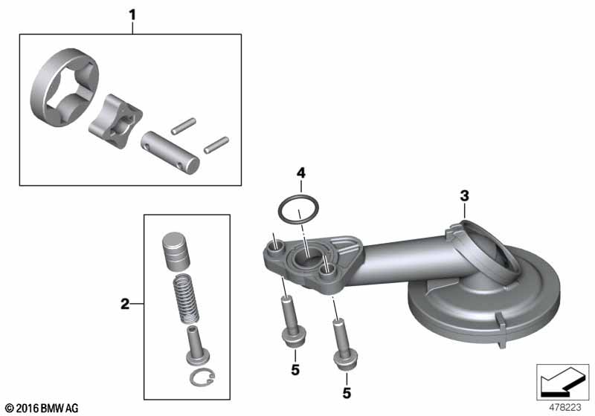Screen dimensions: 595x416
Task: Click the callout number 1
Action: [132, 15]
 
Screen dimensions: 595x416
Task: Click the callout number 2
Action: [124, 304]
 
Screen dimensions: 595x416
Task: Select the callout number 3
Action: [464, 196]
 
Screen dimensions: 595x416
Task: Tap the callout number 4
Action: [300, 173]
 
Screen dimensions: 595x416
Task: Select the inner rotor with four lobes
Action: [115, 121]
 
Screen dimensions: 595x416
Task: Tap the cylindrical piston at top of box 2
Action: [176, 253]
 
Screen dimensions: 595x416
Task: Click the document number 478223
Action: [565, 408]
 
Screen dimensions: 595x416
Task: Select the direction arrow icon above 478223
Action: [562, 383]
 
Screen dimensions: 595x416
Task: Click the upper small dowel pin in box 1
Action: [183, 126]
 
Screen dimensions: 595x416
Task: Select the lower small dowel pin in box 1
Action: [216, 145]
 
